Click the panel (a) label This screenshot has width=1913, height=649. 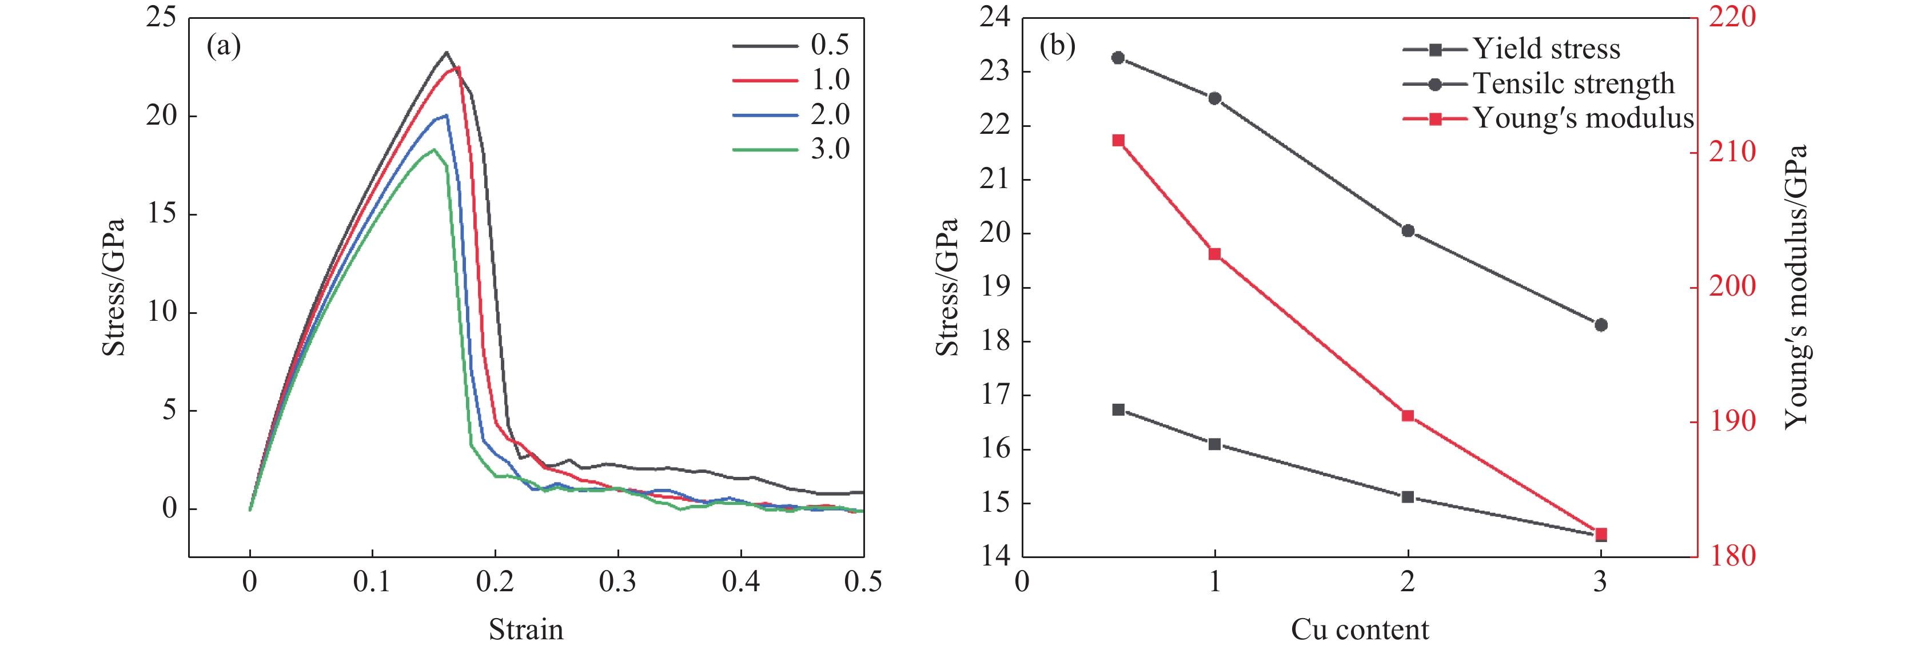[x=224, y=47]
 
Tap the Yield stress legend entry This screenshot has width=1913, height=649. [x=1511, y=50]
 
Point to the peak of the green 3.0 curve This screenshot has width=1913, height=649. [x=434, y=150]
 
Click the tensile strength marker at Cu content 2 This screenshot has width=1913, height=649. [x=1407, y=231]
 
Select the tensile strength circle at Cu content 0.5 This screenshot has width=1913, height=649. [x=1118, y=58]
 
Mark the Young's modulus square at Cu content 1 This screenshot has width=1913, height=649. [x=1215, y=254]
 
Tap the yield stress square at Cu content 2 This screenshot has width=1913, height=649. [x=1407, y=497]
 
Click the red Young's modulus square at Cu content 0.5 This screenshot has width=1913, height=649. [x=1118, y=140]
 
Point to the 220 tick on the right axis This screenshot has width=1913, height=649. [x=1732, y=17]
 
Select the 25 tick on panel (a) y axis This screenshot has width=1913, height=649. [x=161, y=17]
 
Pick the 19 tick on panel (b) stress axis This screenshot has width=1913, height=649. [x=995, y=288]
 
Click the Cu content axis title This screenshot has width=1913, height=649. [x=1359, y=630]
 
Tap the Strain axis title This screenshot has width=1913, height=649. [x=526, y=630]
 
